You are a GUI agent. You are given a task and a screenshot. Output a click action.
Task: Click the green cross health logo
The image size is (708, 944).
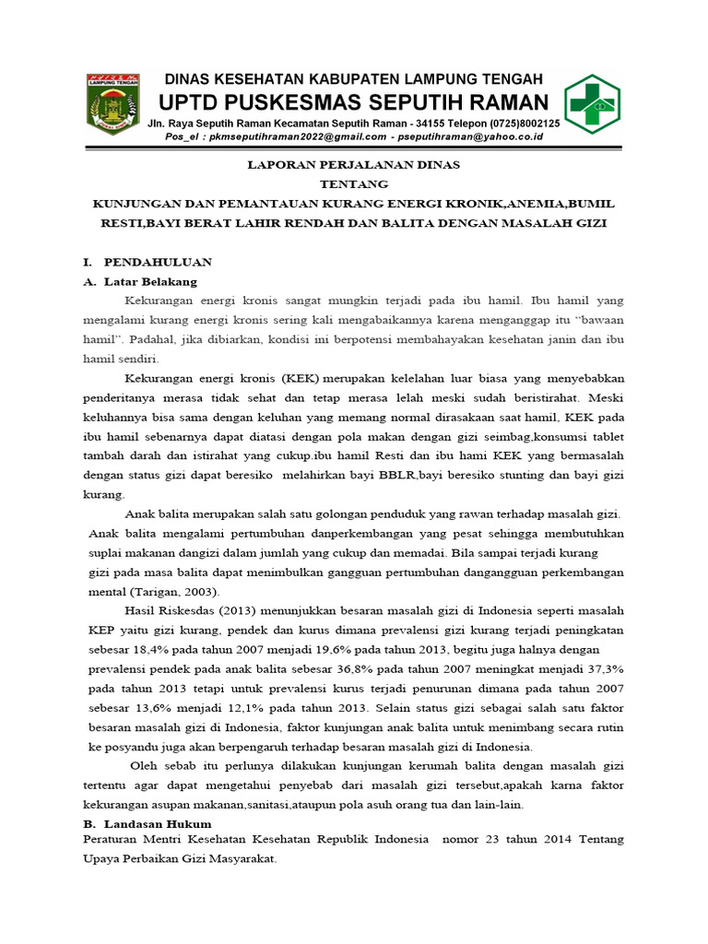[593, 104]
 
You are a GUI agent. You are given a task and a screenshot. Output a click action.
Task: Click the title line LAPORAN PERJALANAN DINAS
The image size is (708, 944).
[355, 166]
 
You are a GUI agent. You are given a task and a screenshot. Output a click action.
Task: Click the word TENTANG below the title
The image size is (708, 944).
[355, 184]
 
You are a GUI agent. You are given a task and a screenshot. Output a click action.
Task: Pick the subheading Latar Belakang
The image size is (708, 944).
[157, 281]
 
